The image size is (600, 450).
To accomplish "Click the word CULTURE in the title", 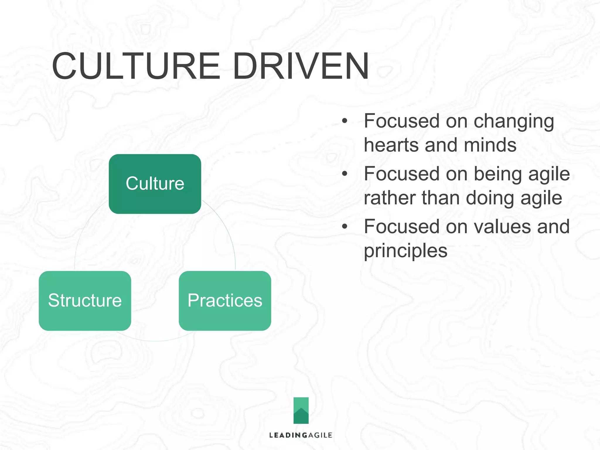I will (x=136, y=66).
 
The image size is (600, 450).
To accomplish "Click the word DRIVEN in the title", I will (x=301, y=66).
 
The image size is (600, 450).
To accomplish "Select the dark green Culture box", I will (x=155, y=184).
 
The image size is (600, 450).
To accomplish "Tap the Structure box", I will (x=85, y=301).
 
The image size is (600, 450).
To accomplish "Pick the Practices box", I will (x=225, y=301).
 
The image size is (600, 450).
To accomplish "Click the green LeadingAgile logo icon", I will (x=301, y=410).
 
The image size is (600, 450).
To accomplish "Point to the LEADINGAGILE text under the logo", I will (x=301, y=435).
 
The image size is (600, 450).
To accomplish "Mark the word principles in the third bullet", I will (x=405, y=251).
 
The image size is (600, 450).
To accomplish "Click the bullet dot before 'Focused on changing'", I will (x=345, y=121).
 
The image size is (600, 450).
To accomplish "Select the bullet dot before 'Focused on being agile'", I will (x=345, y=173).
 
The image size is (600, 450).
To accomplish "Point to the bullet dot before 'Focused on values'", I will (x=345, y=226).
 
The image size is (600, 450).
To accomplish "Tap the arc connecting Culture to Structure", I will (x=83, y=231).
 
